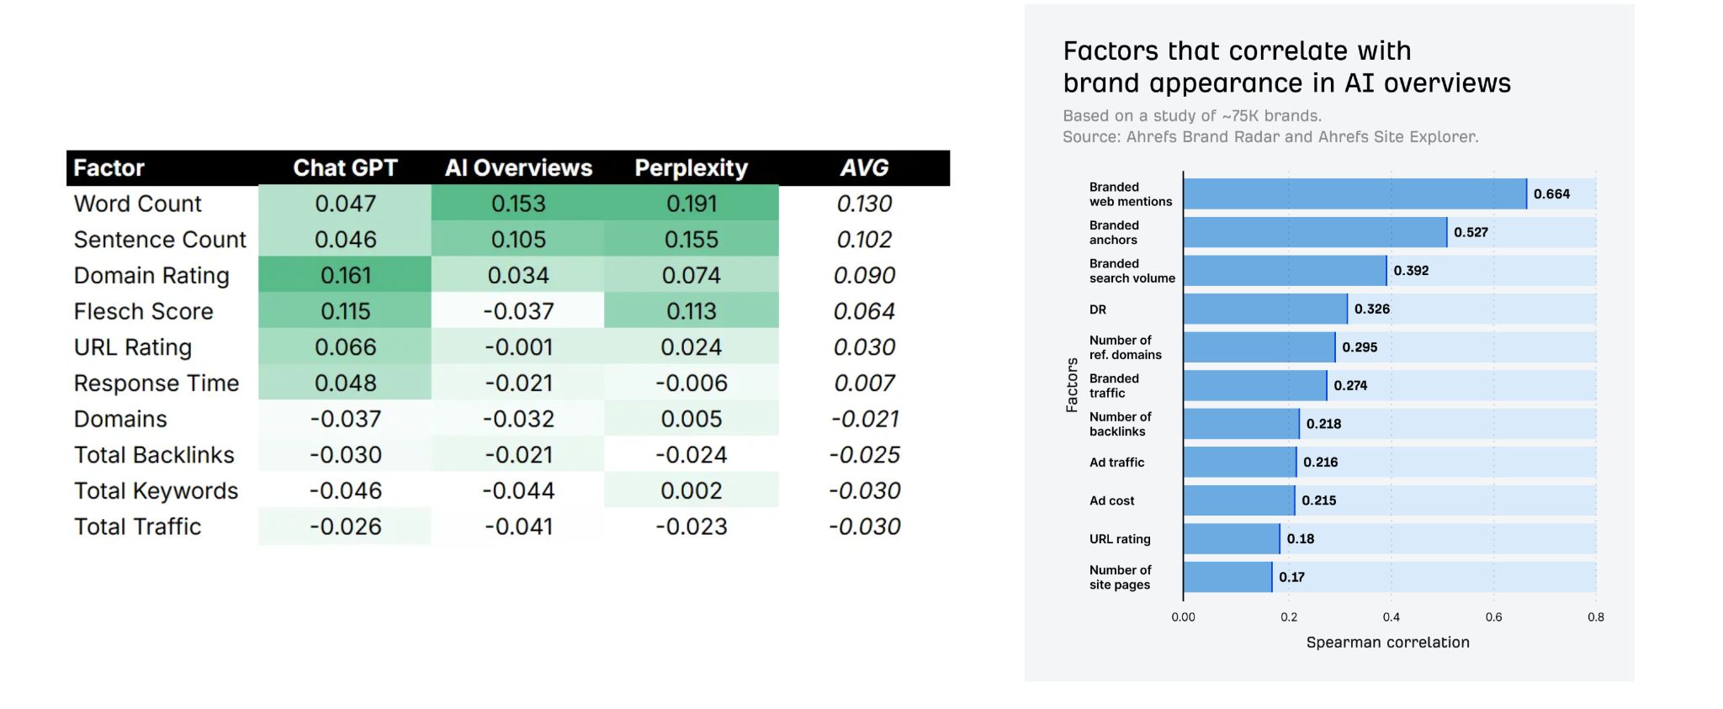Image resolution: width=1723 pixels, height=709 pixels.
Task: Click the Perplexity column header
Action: coord(691,168)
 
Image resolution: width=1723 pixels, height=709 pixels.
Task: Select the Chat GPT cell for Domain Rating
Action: coord(345,275)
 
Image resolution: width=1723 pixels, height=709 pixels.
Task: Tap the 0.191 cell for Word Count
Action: coord(691,204)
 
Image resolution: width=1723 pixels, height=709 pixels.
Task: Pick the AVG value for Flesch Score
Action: coord(864,311)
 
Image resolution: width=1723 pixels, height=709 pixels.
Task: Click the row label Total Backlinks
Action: coord(154,455)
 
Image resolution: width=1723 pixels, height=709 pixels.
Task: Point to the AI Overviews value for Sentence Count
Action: coord(518,240)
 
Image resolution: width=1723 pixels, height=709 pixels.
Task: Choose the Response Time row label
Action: coord(156,384)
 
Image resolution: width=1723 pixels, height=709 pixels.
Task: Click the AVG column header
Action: coord(864,168)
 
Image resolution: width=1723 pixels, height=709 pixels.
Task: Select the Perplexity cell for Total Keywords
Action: coord(691,491)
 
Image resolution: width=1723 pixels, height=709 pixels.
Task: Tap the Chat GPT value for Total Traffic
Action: coord(345,527)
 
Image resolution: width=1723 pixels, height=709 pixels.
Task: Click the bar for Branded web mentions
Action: coord(1355,194)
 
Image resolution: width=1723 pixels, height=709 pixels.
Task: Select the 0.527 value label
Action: coord(1471,233)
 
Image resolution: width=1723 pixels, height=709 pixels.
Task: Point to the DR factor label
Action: coord(1098,310)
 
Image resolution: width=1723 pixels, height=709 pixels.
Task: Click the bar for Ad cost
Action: coord(1238,500)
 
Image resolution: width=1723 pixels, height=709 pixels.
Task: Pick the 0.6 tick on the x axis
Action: coord(1493,617)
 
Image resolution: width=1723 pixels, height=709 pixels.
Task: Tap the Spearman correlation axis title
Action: coord(1387,643)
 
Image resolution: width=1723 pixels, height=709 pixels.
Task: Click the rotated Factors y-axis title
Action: coord(1072,385)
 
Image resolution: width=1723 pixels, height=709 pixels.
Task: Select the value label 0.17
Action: coord(1291,577)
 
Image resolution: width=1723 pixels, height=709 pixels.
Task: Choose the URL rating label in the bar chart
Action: coord(1120,539)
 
